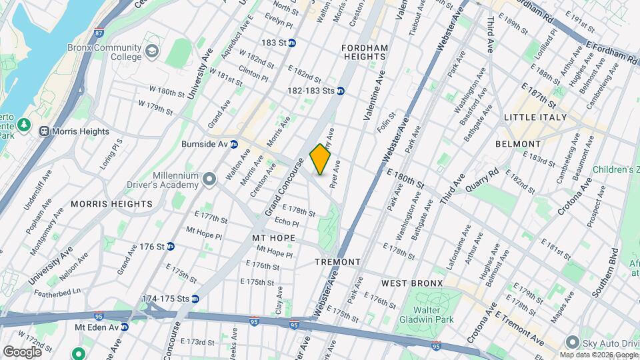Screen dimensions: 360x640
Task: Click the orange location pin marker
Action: tap(321, 159)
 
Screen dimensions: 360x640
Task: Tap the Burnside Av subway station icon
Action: tap(234, 144)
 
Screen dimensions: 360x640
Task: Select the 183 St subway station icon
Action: tap(292, 43)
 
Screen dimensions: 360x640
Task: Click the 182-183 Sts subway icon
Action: tap(341, 91)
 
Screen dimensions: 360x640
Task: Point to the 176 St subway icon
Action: tap(170, 247)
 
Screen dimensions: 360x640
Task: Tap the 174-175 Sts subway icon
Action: tap(195, 299)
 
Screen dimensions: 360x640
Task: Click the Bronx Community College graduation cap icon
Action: tap(152, 51)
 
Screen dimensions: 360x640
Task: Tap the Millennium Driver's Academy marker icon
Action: tap(209, 179)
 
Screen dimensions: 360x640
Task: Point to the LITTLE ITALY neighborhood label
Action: tap(535, 117)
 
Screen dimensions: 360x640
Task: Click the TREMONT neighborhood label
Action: tap(337, 262)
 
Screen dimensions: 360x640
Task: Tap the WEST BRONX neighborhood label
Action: tap(412, 283)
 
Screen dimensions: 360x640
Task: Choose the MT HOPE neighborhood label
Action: tap(273, 237)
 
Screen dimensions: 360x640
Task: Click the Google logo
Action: tap(22, 351)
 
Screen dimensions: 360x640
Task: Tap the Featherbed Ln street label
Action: tap(58, 291)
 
